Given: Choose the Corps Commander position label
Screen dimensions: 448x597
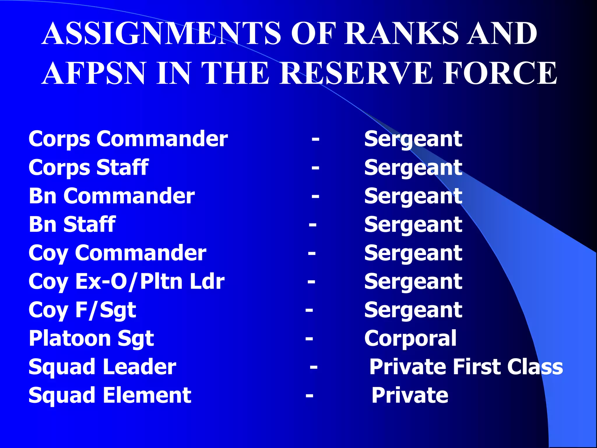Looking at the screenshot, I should (x=128, y=139).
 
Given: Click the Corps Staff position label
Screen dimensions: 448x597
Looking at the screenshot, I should (x=89, y=168).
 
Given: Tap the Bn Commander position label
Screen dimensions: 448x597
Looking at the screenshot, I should (x=112, y=196).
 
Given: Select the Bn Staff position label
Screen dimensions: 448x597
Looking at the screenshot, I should (x=72, y=225).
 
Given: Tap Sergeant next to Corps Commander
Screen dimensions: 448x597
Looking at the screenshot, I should (x=413, y=139).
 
